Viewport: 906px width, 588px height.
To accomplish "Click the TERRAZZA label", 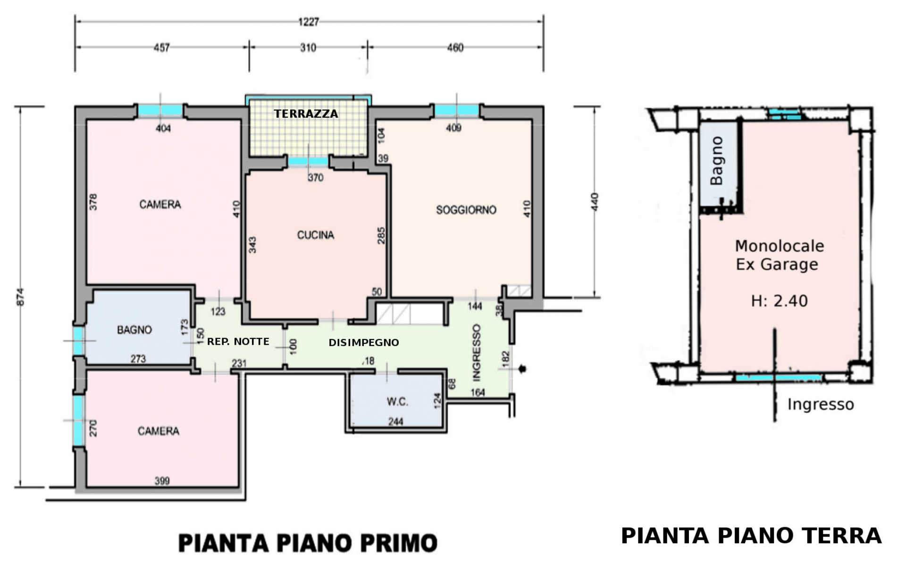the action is pyautogui.click(x=306, y=114).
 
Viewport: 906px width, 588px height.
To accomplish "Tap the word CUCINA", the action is pyautogui.click(x=315, y=235).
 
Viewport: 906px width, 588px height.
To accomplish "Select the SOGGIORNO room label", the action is pyautogui.click(x=466, y=210).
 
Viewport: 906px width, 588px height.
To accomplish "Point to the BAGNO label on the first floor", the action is pyautogui.click(x=134, y=330).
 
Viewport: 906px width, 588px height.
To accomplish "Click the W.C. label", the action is pyautogui.click(x=397, y=402).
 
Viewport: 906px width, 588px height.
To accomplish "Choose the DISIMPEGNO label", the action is pyautogui.click(x=364, y=342).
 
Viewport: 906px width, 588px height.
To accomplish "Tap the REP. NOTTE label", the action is pyautogui.click(x=238, y=341).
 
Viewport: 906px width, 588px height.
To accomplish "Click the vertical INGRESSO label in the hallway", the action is pyautogui.click(x=477, y=352).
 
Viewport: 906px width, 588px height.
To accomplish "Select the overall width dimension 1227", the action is pyautogui.click(x=309, y=22).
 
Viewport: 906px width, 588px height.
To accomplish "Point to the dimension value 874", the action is pyautogui.click(x=20, y=297).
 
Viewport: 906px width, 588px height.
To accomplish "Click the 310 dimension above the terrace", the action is pyautogui.click(x=308, y=48).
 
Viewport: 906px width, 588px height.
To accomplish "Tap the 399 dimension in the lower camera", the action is pyautogui.click(x=162, y=481).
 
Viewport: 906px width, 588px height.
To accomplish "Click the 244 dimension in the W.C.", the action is pyautogui.click(x=395, y=422).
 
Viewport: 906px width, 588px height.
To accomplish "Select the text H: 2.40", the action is pyautogui.click(x=779, y=301).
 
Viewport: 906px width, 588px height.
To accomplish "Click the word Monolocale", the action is pyautogui.click(x=779, y=246).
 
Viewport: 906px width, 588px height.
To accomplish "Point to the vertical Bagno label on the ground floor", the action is pyautogui.click(x=716, y=161).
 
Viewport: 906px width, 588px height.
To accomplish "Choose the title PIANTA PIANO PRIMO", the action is pyautogui.click(x=308, y=543).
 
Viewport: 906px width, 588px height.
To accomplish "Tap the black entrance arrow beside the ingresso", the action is pyautogui.click(x=522, y=369).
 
